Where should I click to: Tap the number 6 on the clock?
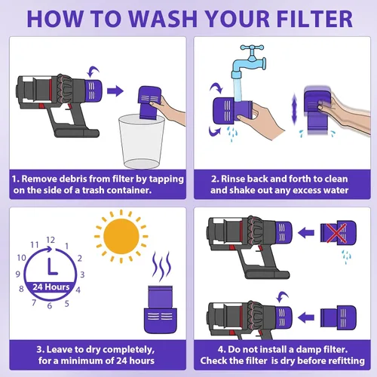(x=51, y=306)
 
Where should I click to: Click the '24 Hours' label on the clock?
(x=51, y=287)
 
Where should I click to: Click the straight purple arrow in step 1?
(x=115, y=92)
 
